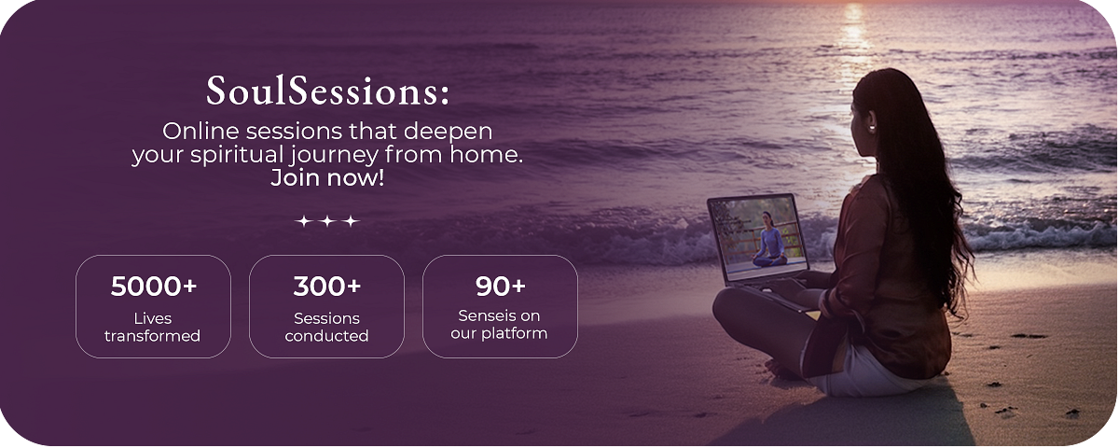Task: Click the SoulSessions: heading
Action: [327, 91]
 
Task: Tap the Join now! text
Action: [327, 178]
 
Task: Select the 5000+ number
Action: [153, 287]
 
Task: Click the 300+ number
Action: [326, 287]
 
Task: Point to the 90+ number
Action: [500, 287]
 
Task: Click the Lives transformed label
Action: [152, 327]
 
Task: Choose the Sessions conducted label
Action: [326, 327]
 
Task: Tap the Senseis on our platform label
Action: [499, 325]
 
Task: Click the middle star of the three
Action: [327, 220]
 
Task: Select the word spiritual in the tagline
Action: [237, 155]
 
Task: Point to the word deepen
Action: [448, 133]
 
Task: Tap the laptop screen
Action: [757, 237]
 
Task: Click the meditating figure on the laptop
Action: [770, 240]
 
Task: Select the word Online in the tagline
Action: [200, 132]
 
